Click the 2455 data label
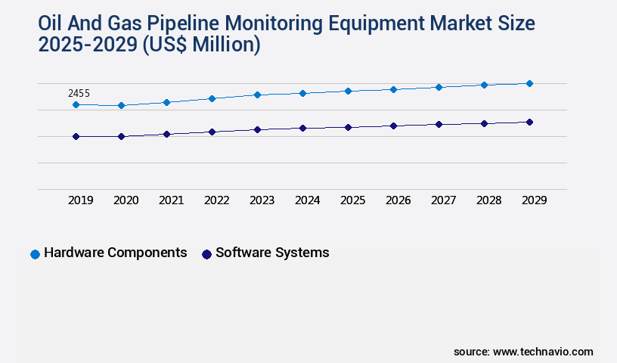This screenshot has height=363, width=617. click(x=79, y=93)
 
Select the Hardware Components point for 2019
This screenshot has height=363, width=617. click(x=76, y=104)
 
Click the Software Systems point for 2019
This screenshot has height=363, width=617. click(x=76, y=136)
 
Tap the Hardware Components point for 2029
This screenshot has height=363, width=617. click(x=529, y=83)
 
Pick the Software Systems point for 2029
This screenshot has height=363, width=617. click(x=529, y=122)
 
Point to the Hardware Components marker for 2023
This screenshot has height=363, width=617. click(x=257, y=95)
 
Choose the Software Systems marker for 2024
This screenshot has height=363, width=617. click(x=302, y=128)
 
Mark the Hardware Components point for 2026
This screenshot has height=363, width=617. click(x=393, y=89)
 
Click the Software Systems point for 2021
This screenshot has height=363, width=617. click(x=166, y=134)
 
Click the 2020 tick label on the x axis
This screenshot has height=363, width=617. click(x=126, y=200)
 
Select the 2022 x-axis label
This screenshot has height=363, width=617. click(x=216, y=200)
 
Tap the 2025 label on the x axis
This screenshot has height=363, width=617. click(x=352, y=200)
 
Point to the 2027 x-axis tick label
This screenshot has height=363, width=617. click(x=443, y=200)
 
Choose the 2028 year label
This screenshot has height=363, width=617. click(x=488, y=200)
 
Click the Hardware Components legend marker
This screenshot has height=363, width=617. click(x=35, y=254)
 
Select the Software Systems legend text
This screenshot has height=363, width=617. click(x=272, y=253)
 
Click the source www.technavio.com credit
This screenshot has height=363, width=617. click(x=523, y=352)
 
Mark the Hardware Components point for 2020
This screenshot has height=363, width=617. click(x=121, y=105)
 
